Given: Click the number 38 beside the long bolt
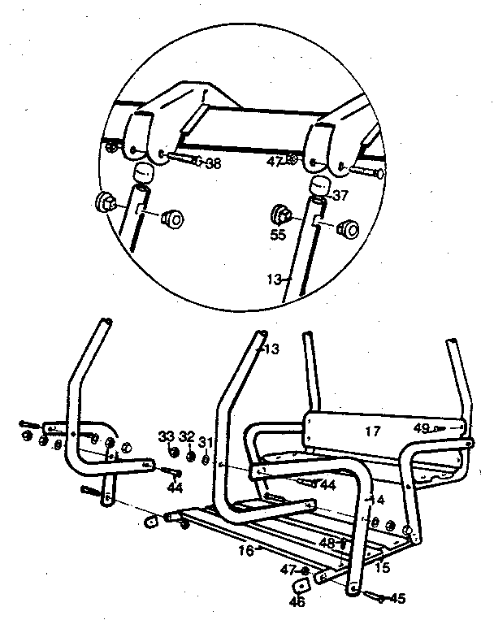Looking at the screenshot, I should click(213, 163).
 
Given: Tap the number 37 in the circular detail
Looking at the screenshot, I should click(340, 195).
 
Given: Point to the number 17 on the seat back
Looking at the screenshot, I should click(372, 432).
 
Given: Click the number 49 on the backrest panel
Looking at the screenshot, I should click(420, 427).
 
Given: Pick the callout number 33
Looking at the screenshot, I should click(167, 436).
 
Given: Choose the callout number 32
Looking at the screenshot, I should click(188, 436).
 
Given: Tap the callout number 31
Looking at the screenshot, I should click(206, 442).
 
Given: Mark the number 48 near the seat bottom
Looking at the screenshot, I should click(327, 541).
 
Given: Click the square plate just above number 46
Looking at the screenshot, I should click(303, 586).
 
